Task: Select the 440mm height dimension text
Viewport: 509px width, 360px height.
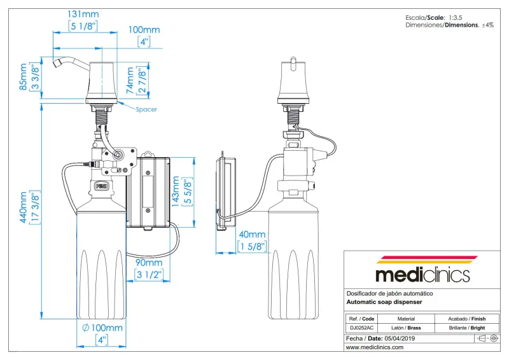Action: [24, 207]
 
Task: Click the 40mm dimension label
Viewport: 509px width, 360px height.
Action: [253, 235]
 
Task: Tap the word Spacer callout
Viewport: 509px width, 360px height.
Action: [146, 109]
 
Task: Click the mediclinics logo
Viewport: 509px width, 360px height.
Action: [422, 272]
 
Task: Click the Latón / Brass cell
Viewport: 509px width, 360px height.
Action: [406, 328]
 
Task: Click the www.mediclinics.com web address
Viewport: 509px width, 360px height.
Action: [375, 348]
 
